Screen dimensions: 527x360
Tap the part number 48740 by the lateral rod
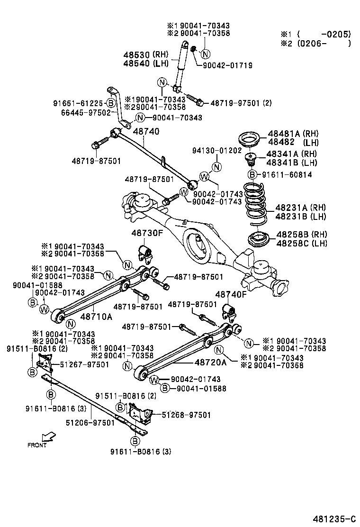click(x=146, y=131)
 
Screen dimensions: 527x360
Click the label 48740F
click(x=231, y=294)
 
